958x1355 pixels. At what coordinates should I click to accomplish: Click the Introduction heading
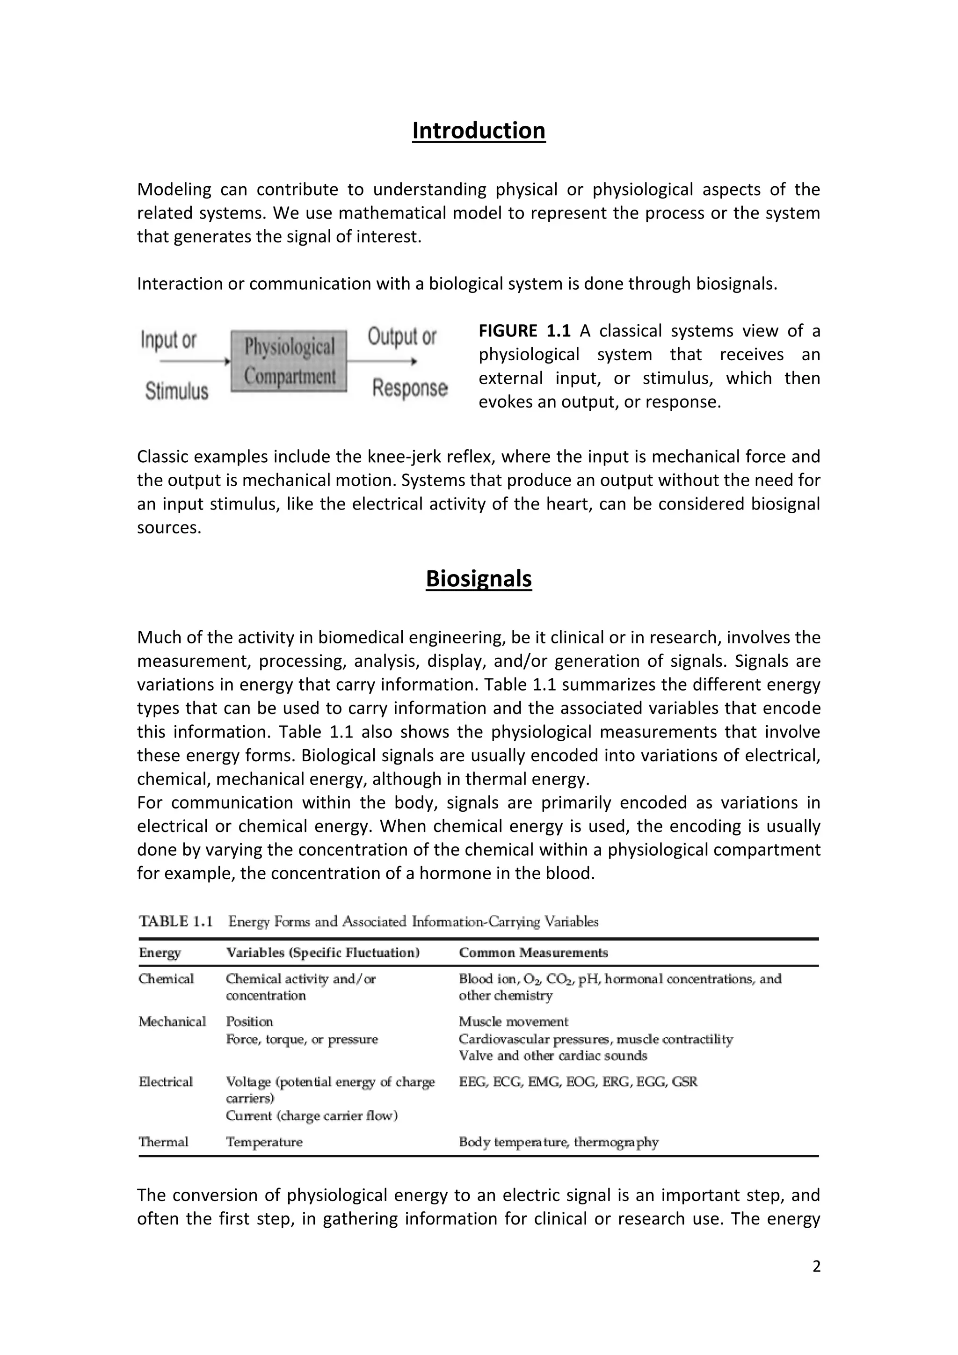479,131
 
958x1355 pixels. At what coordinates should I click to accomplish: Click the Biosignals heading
479,578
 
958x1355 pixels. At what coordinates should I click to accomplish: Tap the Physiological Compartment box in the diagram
289,362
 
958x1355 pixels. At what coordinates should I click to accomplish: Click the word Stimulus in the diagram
176,391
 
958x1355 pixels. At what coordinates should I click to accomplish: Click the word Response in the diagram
409,388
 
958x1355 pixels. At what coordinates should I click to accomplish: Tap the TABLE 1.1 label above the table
175,921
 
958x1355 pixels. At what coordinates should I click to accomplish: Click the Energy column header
160,953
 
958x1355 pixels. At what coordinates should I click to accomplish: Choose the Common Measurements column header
533,953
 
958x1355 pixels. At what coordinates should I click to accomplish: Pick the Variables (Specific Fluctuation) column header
322,953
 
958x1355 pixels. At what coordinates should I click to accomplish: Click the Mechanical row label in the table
172,1021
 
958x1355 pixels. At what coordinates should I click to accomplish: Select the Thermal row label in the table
163,1142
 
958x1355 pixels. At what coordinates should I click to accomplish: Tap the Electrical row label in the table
166,1082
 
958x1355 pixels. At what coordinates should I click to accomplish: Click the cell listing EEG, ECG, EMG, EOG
578,1082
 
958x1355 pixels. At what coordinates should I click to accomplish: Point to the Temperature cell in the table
264,1142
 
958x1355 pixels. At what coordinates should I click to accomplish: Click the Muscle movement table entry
513,1021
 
